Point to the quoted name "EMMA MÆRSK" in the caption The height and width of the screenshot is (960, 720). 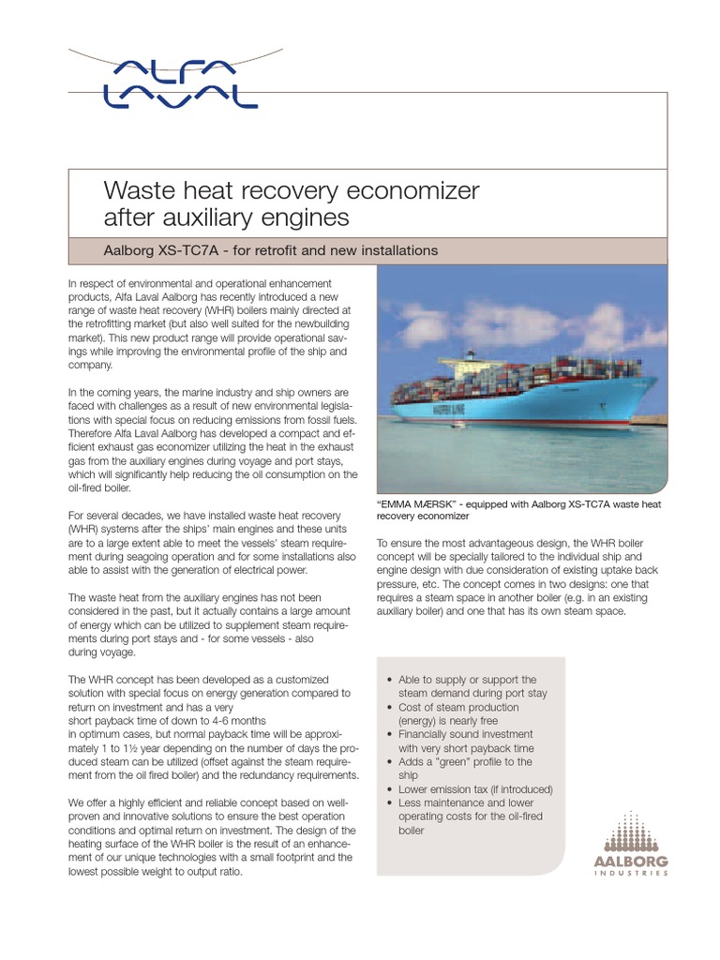tap(420, 504)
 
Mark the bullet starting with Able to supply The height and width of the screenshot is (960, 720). tap(466, 686)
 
